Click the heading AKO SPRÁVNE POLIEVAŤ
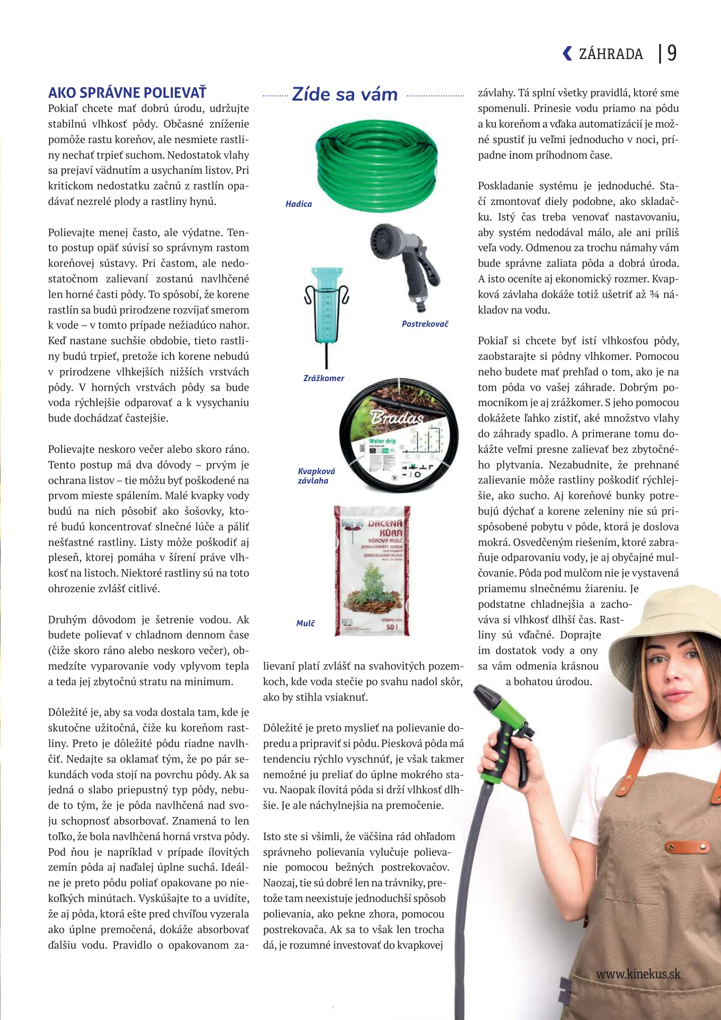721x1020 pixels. (127, 93)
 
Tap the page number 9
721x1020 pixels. (671, 53)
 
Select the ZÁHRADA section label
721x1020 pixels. (611, 54)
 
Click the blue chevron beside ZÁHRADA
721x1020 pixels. (567, 53)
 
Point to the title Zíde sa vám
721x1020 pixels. (345, 94)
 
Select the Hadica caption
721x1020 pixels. (298, 204)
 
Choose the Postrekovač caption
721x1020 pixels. (425, 324)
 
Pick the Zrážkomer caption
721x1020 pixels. (323, 378)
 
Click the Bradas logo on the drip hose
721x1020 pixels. (397, 417)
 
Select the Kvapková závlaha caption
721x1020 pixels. (316, 476)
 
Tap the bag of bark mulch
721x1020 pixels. (372, 570)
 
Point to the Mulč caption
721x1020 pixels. (305, 623)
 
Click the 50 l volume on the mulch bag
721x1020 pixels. (392, 627)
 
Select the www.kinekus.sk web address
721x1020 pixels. (638, 974)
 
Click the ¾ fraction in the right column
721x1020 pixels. (654, 295)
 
